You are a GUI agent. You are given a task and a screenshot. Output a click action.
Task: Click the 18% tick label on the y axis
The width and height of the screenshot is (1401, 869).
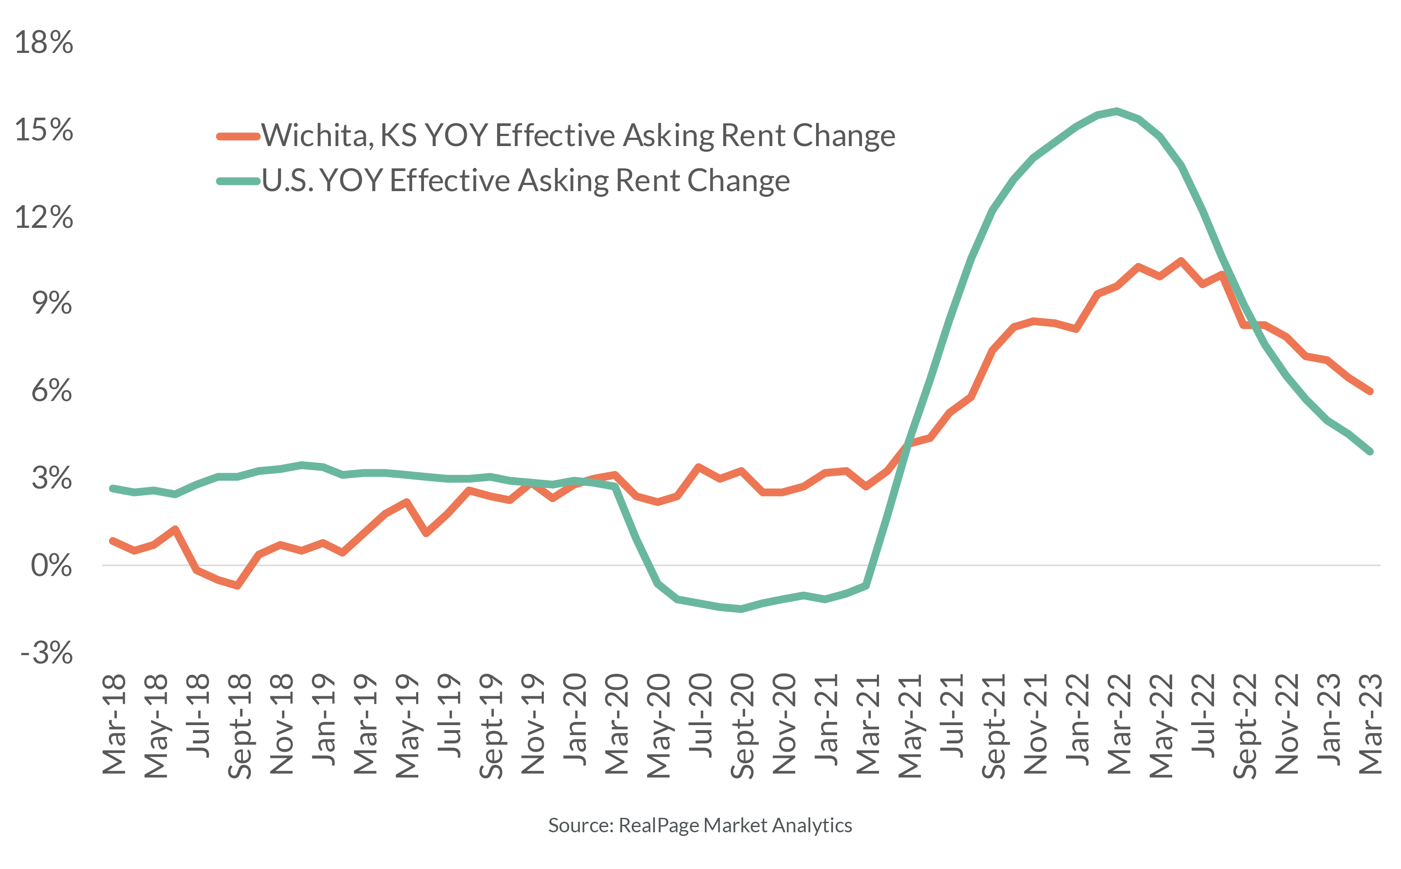pos(44,42)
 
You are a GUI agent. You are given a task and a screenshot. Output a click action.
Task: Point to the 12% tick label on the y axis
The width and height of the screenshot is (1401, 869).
pos(44,218)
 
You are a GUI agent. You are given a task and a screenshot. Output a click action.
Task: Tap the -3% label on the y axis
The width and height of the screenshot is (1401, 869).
pos(46,653)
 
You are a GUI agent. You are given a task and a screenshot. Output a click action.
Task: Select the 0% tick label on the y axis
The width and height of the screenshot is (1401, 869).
pos(51,565)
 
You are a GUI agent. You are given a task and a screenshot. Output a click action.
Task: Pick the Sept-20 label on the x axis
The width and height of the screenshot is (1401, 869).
pos(742,725)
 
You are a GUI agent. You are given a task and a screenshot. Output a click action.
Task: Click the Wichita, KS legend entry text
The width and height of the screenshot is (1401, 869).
pos(578,136)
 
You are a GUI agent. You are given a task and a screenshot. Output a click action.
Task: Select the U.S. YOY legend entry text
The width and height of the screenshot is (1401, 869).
pos(525,181)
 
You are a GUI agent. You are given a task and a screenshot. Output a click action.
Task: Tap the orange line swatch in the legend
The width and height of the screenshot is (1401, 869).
pos(238,136)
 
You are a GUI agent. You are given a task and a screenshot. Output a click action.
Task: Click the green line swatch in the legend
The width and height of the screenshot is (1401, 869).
pos(238,181)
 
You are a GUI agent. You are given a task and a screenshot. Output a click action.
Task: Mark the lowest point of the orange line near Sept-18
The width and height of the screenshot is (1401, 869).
pos(237,586)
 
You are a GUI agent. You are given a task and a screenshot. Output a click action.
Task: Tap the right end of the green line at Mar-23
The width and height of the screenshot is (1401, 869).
pos(1370,451)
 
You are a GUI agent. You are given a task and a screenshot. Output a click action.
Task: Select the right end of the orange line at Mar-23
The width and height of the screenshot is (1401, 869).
pos(1370,391)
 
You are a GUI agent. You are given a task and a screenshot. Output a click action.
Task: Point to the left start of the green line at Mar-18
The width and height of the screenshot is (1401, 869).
pos(113,488)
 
